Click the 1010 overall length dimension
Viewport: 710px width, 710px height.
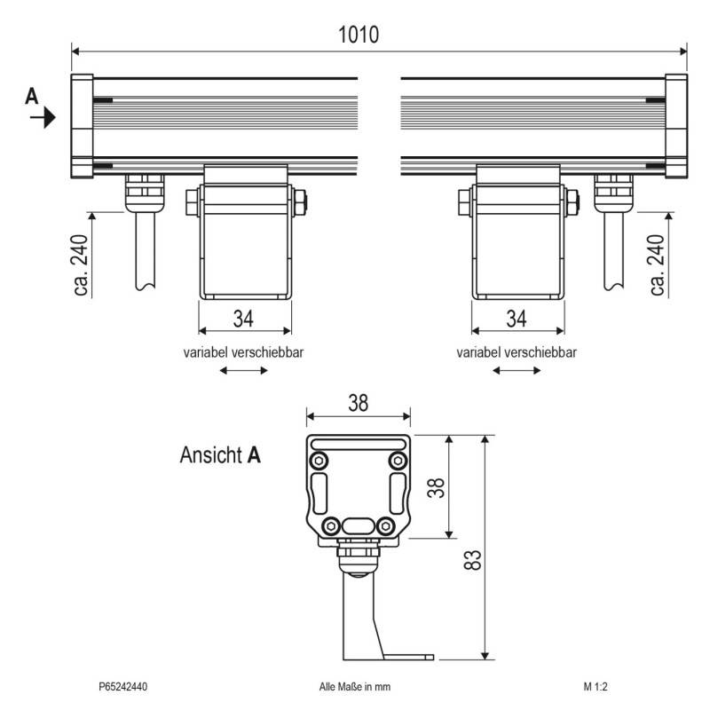pyautogui.click(x=359, y=35)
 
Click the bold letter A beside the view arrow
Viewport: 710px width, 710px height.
pyautogui.click(x=32, y=97)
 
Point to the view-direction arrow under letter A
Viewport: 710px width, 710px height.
pyautogui.click(x=43, y=118)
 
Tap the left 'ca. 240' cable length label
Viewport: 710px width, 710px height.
pyautogui.click(x=81, y=264)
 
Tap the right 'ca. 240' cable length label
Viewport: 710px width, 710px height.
pyautogui.click(x=657, y=264)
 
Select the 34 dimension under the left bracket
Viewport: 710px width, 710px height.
pyautogui.click(x=243, y=319)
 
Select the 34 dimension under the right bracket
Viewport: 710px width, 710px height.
pyautogui.click(x=517, y=319)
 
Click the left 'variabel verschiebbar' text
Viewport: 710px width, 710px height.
pyautogui.click(x=243, y=352)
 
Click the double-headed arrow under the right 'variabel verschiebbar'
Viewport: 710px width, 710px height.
pyautogui.click(x=517, y=370)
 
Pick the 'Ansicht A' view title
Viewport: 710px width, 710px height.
pyautogui.click(x=220, y=454)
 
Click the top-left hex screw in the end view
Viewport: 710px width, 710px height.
pyautogui.click(x=319, y=461)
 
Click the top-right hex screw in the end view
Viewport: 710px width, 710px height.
pyautogui.click(x=398, y=461)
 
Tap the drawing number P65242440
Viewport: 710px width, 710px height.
pyautogui.click(x=123, y=686)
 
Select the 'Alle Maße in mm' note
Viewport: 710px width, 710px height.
pyautogui.click(x=354, y=686)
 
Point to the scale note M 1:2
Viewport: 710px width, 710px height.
pyautogui.click(x=596, y=686)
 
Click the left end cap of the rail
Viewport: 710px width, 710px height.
pyautogui.click(x=82, y=126)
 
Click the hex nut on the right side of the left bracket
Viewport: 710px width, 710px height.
pyautogui.click(x=300, y=202)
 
